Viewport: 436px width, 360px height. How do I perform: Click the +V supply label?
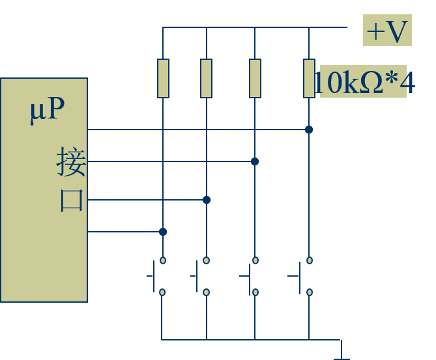(x=387, y=31)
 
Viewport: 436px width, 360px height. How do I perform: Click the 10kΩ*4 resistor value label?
(x=363, y=82)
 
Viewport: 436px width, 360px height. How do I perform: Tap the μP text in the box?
(x=47, y=109)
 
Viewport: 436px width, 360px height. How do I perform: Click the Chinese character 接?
(x=71, y=161)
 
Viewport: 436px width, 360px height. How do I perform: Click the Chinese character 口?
(x=72, y=199)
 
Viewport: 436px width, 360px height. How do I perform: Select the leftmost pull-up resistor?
(x=163, y=78)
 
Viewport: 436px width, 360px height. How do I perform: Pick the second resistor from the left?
(x=206, y=78)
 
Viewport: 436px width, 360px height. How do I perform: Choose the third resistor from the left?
(x=255, y=78)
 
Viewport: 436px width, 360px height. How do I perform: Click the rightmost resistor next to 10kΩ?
(x=309, y=78)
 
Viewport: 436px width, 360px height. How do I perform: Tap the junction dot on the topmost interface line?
(x=309, y=130)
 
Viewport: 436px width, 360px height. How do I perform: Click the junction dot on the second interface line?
(x=255, y=161)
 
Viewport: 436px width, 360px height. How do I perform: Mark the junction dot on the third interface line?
(x=207, y=200)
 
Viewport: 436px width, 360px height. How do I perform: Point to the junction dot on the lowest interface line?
(x=163, y=232)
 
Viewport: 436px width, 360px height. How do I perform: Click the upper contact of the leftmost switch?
(x=163, y=260)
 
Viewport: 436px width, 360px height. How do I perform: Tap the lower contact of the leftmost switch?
(x=162, y=292)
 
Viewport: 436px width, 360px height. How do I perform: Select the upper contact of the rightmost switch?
(x=310, y=260)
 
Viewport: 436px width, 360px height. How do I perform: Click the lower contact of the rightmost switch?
(x=310, y=292)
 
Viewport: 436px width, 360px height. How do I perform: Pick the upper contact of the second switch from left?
(x=207, y=260)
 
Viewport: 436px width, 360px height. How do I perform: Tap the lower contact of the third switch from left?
(x=255, y=292)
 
